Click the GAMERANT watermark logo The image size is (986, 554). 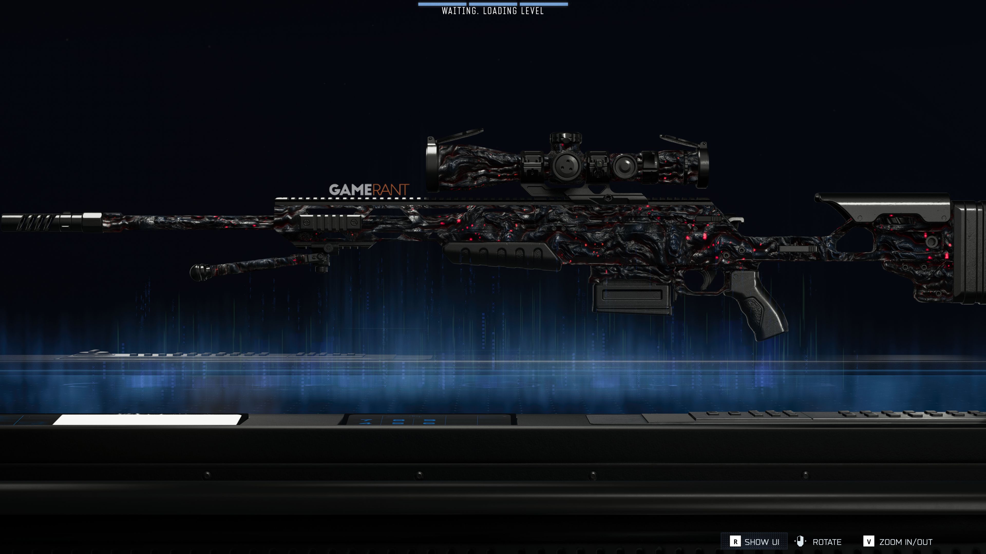[x=369, y=190]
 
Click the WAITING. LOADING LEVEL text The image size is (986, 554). [x=493, y=11]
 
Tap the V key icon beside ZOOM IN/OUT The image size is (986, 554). [x=868, y=541]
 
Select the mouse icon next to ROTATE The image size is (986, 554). [x=800, y=541]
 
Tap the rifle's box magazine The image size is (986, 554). [x=632, y=298]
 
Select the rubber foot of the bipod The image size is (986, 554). [x=199, y=272]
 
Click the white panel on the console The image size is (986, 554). [x=147, y=419]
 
